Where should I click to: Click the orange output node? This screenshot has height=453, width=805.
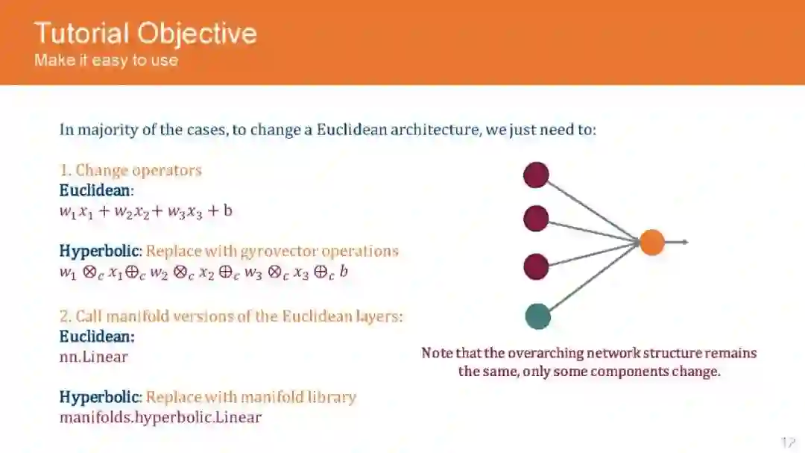point(651,242)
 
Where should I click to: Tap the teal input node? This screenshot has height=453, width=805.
point(537,316)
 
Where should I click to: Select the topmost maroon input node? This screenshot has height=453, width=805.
point(536,175)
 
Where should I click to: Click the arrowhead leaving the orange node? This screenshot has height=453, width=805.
point(684,242)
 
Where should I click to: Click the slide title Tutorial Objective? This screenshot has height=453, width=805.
point(145,34)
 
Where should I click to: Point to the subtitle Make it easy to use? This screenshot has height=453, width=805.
point(106,60)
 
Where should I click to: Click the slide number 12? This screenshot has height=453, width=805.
point(789,443)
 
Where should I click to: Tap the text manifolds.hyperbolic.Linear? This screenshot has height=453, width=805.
point(160,417)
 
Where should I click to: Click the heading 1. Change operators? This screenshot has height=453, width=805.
point(130,170)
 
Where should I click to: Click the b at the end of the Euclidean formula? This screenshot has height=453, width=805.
point(228,210)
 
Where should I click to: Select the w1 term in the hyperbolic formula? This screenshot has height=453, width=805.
point(68,272)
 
